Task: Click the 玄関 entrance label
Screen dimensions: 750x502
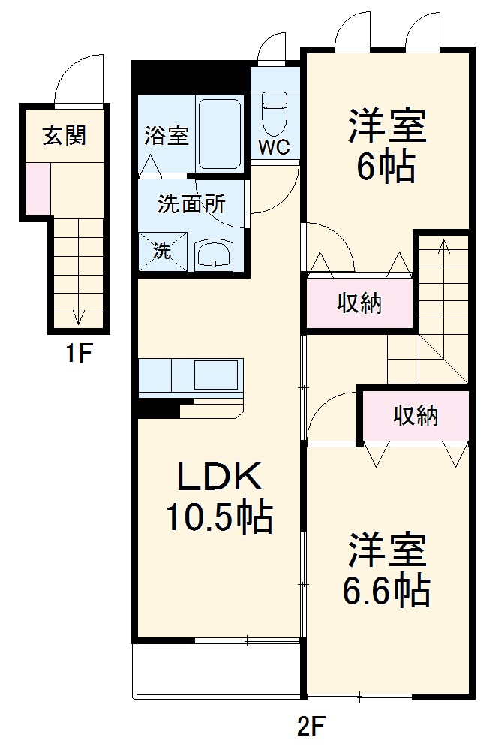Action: [x=64, y=136]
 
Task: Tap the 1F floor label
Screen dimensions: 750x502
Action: [x=77, y=352]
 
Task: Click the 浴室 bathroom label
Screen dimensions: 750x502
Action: [x=166, y=138]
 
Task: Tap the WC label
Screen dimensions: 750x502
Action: [x=275, y=147]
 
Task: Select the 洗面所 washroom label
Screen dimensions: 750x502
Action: [x=191, y=204]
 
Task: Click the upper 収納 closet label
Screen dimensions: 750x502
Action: [x=359, y=303]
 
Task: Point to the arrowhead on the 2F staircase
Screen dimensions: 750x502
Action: [x=443, y=245]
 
